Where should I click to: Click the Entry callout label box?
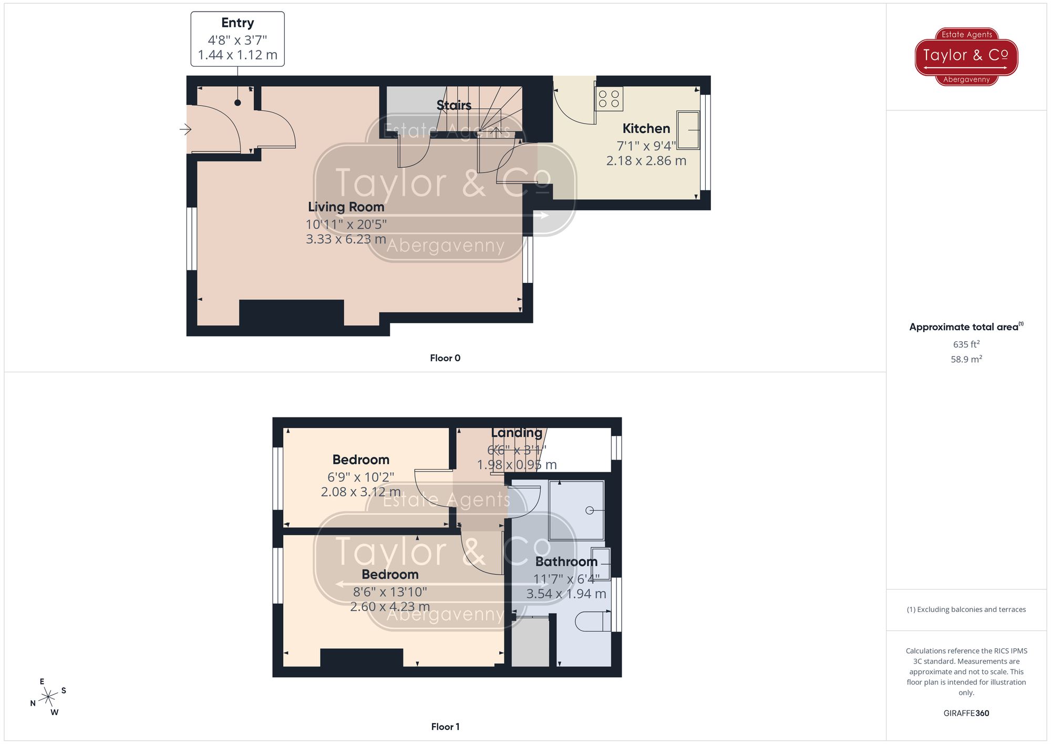(238, 39)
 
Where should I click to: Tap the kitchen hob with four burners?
(609, 99)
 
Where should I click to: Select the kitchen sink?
(688, 130)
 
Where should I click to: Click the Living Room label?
(346, 207)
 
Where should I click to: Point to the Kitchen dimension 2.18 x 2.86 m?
(646, 161)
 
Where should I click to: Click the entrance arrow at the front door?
(185, 129)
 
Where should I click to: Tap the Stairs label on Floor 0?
(454, 105)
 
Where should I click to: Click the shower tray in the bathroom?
(576, 510)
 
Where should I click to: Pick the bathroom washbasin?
(601, 563)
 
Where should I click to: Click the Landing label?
(517, 433)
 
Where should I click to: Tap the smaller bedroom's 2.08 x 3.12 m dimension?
(360, 492)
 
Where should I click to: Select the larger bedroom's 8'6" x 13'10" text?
(390, 592)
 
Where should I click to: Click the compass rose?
(48, 697)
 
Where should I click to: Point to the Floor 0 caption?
(445, 358)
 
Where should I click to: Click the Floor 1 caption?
(445, 727)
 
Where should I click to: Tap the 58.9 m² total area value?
(966, 360)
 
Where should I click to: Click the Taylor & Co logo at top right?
(966, 56)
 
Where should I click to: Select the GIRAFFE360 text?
(966, 714)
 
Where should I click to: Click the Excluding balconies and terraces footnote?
(966, 609)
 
